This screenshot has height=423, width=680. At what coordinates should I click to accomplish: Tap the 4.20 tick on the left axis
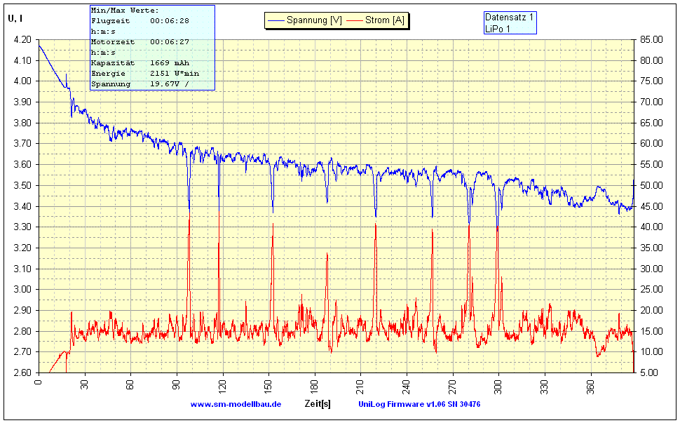(22, 39)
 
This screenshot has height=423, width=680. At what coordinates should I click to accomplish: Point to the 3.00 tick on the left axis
(22, 289)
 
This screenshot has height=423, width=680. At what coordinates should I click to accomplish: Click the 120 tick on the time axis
(84, 383)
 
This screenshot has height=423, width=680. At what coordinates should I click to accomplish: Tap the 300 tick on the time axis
(498, 383)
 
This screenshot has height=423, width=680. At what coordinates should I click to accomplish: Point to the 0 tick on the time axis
(39, 383)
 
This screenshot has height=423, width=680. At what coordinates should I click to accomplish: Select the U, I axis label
(15, 19)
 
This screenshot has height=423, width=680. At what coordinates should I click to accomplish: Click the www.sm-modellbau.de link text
(236, 404)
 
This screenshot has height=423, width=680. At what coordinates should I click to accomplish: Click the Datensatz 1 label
(510, 17)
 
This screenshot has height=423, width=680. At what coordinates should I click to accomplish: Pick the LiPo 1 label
(498, 28)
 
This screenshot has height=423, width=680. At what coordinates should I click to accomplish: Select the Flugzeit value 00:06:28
(170, 21)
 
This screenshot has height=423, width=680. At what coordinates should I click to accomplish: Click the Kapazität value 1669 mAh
(170, 63)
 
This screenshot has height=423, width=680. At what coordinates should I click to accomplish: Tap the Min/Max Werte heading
(125, 11)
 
